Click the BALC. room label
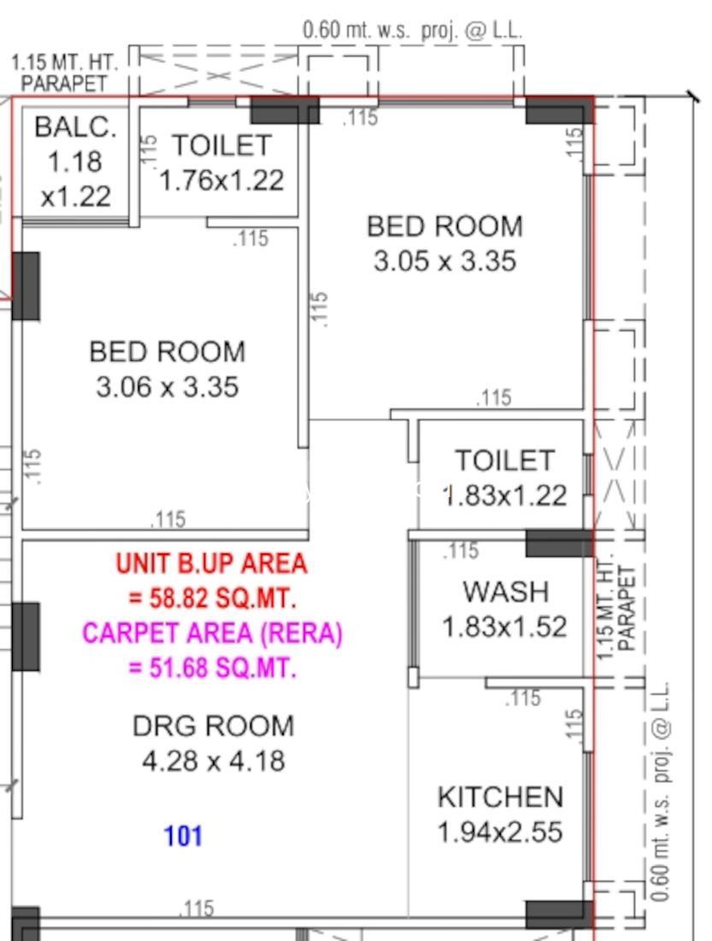coord(75,127)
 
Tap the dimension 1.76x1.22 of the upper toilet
coord(221,180)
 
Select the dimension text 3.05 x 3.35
coord(444,261)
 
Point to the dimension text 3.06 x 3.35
coord(168,387)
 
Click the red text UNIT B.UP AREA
coord(211,564)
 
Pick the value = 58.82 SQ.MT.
coord(212,598)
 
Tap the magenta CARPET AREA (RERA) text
coord(212,633)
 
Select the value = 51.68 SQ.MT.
coord(212,667)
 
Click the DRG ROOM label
coord(213,726)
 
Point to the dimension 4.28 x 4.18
coord(213,761)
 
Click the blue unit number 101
coord(183,836)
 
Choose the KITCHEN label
coord(500,797)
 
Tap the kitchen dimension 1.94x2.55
coord(500,832)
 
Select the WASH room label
coord(506,592)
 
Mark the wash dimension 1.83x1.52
coord(503,627)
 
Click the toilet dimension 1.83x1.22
coord(505,495)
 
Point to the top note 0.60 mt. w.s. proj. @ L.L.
coord(412,30)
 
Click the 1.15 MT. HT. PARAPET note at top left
coord(64,73)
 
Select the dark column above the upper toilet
coord(285,110)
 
